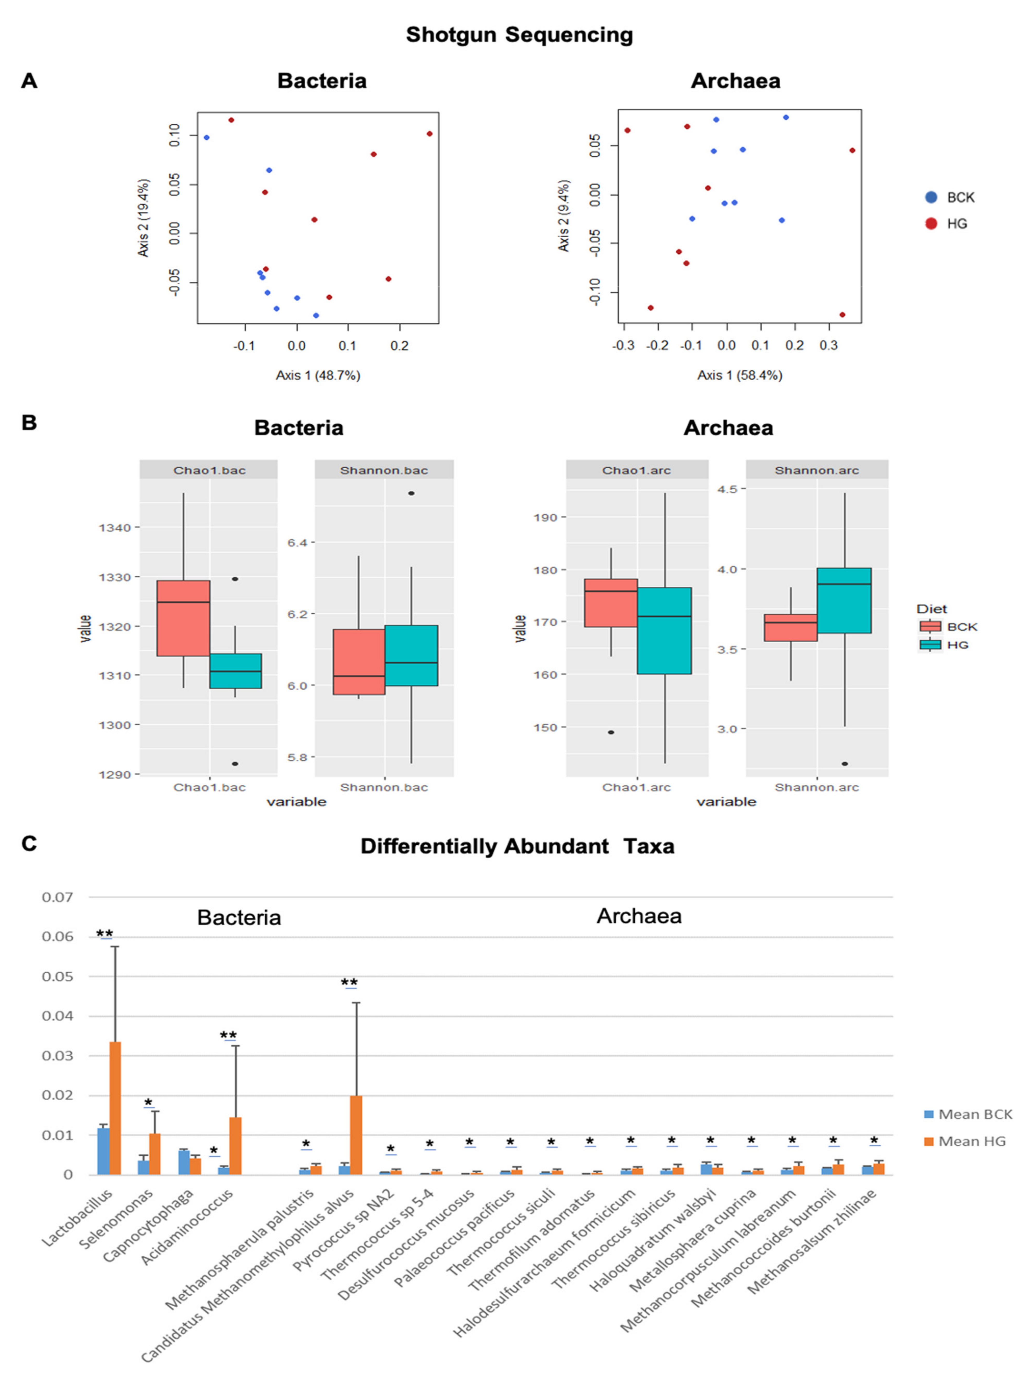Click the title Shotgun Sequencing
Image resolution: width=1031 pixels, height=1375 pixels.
[519, 35]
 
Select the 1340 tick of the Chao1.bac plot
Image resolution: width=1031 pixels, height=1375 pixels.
[115, 528]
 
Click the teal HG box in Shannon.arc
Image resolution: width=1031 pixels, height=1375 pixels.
[844, 601]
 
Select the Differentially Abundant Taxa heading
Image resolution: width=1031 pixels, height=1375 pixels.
[517, 847]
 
